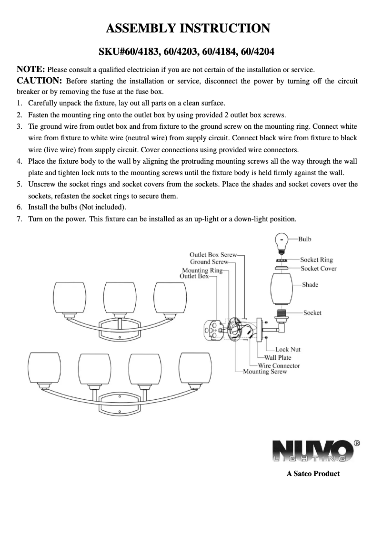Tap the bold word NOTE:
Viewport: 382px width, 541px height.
[x=31, y=69]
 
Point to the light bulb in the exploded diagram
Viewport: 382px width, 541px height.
[x=281, y=242]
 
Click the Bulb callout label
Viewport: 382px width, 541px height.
[x=305, y=239]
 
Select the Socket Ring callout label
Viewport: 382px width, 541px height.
[x=316, y=260]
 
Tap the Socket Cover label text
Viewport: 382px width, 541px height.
[x=319, y=269]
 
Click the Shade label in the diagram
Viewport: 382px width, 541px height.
[x=310, y=285]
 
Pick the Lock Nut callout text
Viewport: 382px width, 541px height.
[x=288, y=350]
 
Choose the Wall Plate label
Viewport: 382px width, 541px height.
[x=278, y=357]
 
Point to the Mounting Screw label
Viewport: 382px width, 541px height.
[x=265, y=372]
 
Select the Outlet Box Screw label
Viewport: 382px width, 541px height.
[x=213, y=255]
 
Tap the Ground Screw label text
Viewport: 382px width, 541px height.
[x=209, y=262]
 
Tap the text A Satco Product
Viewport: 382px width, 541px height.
[x=313, y=474]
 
